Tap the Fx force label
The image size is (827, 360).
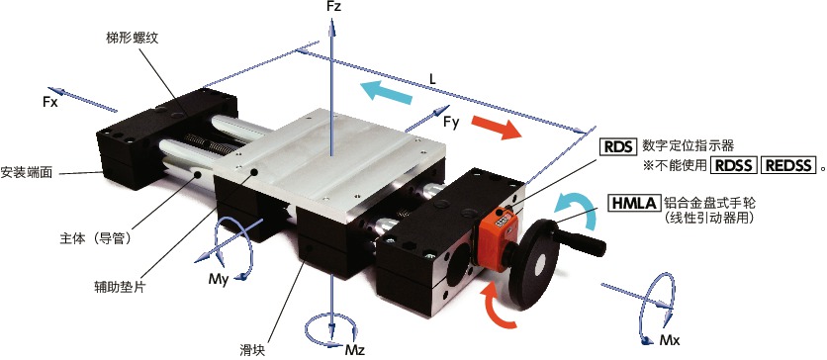(51, 102)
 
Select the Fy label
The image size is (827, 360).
(451, 122)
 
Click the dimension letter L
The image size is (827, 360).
(433, 76)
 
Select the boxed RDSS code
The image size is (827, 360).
(735, 165)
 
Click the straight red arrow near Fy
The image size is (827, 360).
(496, 128)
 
